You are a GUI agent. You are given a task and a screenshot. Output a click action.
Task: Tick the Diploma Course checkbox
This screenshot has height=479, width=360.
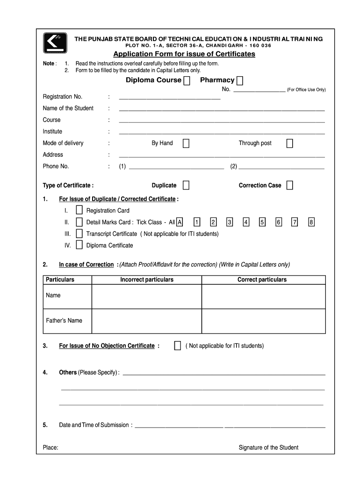tap(187, 81)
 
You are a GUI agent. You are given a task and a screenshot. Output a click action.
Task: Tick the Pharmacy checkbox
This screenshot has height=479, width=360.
tap(240, 81)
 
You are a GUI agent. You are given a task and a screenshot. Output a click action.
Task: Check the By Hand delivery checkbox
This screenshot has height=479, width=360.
tap(186, 143)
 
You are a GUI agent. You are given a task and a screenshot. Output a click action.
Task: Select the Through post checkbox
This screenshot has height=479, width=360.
tap(289, 143)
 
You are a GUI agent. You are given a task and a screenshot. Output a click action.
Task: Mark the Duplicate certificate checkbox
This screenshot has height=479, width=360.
tap(186, 186)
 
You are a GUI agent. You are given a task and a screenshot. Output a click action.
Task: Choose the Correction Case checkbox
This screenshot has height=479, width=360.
tap(289, 186)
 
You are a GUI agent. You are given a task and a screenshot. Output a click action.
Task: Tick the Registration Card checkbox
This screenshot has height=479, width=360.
tap(79, 210)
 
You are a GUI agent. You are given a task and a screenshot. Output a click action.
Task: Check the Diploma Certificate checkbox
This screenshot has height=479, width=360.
tap(79, 245)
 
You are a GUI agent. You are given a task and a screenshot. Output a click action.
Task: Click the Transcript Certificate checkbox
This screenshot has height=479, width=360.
tap(79, 233)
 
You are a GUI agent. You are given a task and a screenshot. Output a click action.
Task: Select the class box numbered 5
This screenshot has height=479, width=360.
tap(262, 222)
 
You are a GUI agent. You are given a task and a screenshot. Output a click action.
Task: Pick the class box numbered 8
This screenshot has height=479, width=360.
tap(311, 222)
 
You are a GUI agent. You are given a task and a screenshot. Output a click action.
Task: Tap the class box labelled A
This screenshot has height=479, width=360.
tap(180, 222)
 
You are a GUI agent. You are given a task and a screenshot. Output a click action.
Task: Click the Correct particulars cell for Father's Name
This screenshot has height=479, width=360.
tap(263, 321)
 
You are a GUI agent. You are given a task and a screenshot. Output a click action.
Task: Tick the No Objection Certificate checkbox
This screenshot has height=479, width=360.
tap(177, 346)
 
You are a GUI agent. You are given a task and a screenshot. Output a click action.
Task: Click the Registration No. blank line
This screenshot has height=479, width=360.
tap(169, 97)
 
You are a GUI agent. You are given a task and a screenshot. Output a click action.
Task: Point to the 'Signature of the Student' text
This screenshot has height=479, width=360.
tap(268, 447)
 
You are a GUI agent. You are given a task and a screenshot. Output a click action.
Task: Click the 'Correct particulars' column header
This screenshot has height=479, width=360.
tap(262, 280)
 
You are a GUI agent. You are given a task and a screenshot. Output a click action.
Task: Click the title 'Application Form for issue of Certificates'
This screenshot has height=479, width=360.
tap(184, 54)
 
